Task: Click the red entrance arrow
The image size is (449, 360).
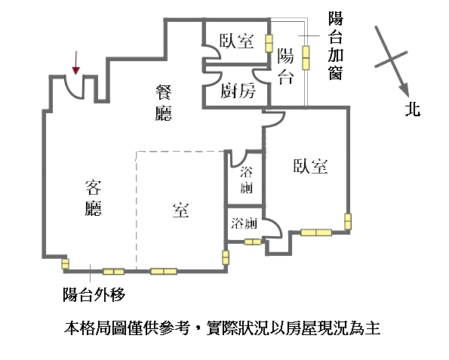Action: point(76,63)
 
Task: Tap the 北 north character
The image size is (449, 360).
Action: point(413,109)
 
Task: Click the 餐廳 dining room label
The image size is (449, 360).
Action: point(164,103)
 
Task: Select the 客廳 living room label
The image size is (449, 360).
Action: point(94,198)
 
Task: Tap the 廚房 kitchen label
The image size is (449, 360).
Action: point(238,91)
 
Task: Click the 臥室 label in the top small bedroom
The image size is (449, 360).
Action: point(236,41)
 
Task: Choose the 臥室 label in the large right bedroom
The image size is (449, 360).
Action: point(310,166)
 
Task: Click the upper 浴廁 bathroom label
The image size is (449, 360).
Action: point(246,180)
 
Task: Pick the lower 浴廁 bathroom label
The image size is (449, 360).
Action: point(244,223)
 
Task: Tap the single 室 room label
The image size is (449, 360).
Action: point(180,210)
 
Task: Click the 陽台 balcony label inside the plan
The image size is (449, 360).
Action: point(286,66)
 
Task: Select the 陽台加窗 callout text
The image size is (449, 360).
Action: point(335,45)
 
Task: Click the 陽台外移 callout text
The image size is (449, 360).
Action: point(94,294)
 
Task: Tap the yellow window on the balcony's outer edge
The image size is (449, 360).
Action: point(306,57)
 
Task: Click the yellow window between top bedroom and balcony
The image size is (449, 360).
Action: point(269,43)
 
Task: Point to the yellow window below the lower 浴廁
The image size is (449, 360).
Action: point(253,242)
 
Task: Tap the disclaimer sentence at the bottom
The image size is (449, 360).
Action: point(222,328)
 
